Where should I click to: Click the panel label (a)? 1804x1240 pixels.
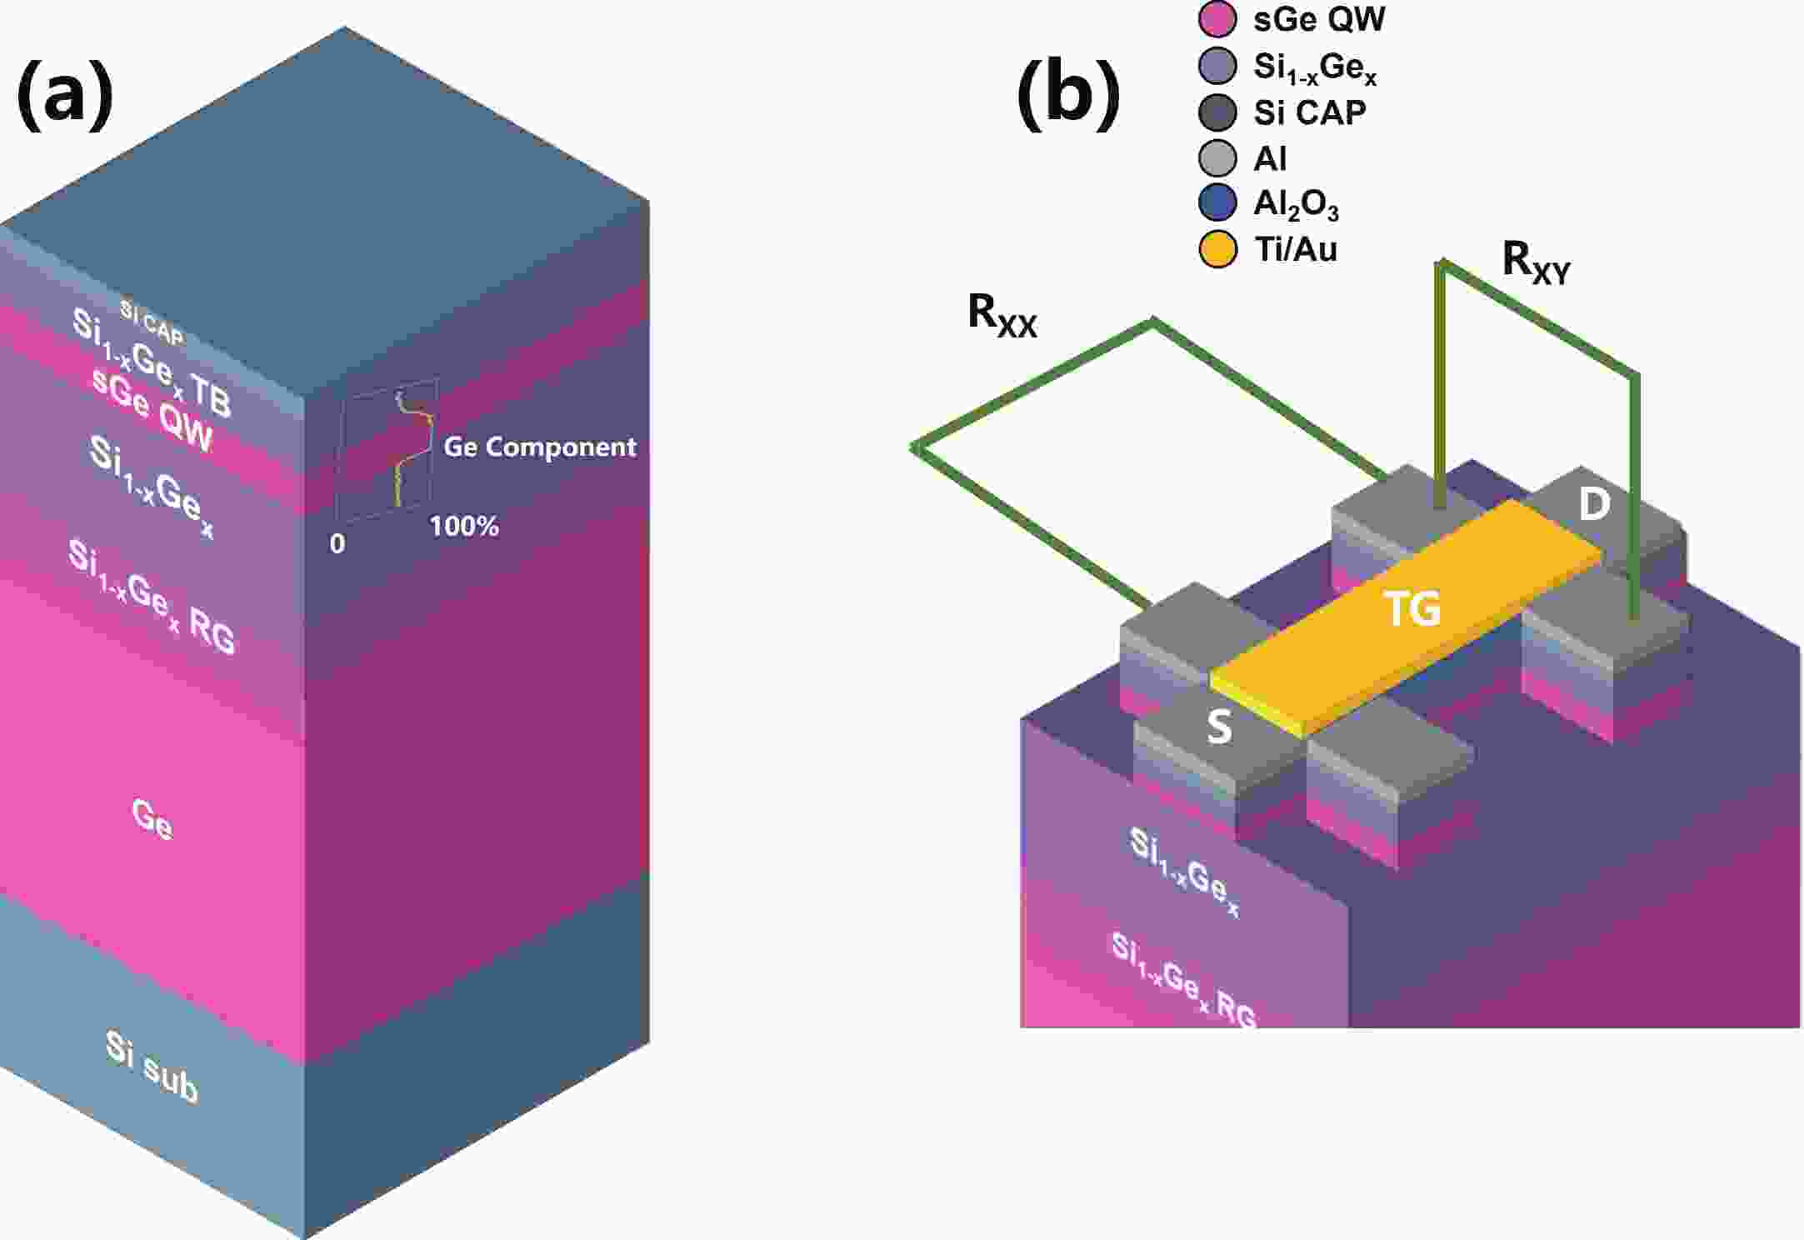coord(65,93)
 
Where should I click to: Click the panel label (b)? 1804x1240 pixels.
coord(1068,93)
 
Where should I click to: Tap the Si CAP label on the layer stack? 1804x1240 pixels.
coord(151,322)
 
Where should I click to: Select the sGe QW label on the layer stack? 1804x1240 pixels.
coord(152,409)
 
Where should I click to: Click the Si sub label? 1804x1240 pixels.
coord(152,1067)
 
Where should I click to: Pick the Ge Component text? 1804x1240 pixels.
coord(539,447)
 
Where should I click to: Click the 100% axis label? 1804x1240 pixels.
coord(464,526)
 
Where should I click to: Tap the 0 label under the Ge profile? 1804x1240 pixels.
coord(337,543)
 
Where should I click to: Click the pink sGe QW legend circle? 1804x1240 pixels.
coord(1217,19)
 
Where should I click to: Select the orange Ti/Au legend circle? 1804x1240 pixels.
coord(1217,249)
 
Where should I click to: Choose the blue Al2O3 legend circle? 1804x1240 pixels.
coord(1217,203)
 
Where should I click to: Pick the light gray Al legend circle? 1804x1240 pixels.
coord(1217,157)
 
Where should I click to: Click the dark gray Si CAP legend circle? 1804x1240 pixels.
coord(1217,112)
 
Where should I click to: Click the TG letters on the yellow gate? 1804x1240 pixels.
coord(1412,608)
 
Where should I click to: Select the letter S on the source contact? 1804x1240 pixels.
coord(1219,727)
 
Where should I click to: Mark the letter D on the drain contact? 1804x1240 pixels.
coord(1594,504)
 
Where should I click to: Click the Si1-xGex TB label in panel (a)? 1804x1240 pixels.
coord(151,362)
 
